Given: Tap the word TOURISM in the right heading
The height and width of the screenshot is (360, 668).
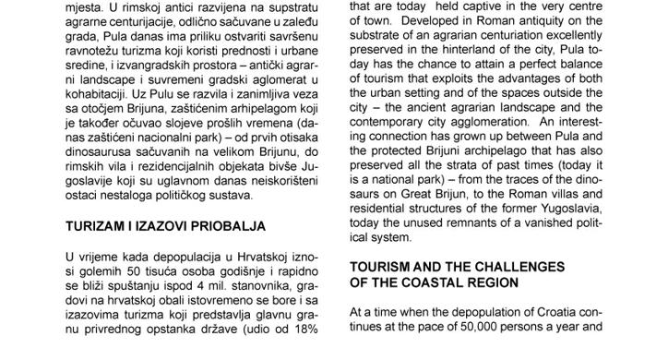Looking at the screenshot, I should pyautogui.click(x=382, y=266).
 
